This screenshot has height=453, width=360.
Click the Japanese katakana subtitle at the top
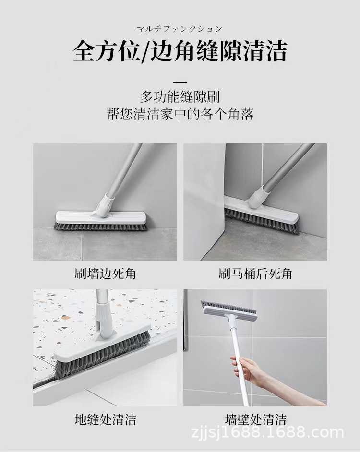(x=180, y=29)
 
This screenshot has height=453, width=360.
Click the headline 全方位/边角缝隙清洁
(x=180, y=51)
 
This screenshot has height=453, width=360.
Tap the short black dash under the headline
(x=180, y=82)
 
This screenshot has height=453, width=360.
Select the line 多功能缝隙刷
(x=180, y=97)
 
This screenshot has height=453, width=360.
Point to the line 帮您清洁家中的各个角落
(x=180, y=115)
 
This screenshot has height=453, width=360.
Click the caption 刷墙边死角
(x=105, y=274)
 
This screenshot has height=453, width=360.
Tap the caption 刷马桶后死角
(x=255, y=274)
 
